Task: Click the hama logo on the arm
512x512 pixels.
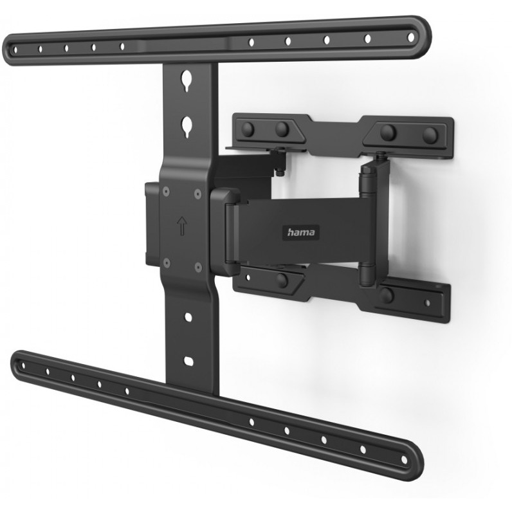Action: [301, 232]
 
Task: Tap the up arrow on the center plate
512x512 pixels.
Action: [182, 226]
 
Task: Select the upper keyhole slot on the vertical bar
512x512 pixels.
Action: [187, 80]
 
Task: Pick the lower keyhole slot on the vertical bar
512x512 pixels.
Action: [187, 127]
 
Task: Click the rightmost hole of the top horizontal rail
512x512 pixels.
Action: [411, 37]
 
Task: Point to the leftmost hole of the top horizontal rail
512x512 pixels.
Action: [15, 50]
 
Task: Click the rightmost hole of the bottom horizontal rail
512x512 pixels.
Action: [404, 460]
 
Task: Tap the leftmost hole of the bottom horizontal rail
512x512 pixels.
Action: [23, 365]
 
